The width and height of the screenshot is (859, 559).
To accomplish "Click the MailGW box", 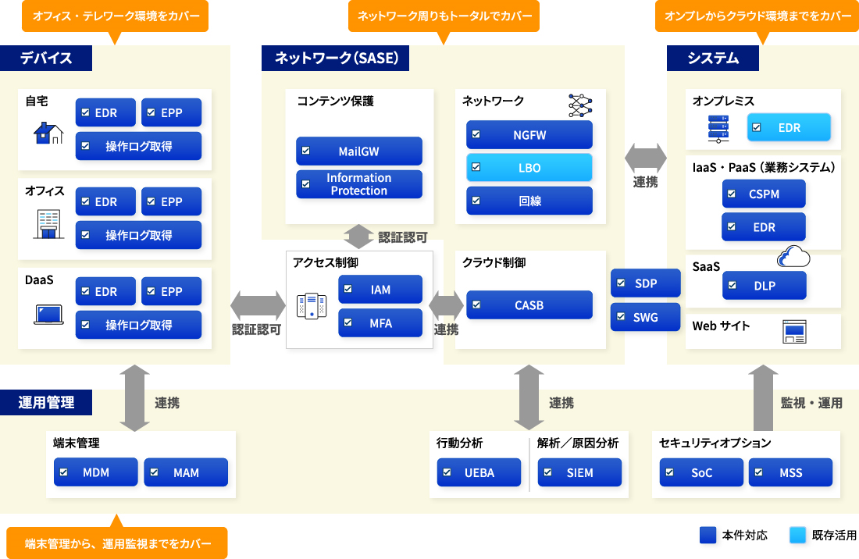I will click(x=359, y=151).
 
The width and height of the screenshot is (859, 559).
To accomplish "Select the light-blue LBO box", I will click(x=529, y=167).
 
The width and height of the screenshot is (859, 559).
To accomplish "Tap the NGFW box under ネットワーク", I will click(x=529, y=134).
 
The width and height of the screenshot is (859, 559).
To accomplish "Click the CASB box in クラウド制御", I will click(x=529, y=304).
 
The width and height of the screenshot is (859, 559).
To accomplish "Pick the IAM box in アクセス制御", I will click(x=380, y=289).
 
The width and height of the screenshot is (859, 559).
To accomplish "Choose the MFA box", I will click(x=380, y=322).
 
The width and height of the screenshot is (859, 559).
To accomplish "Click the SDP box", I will click(x=646, y=283).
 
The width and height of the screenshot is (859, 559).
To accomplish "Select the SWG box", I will click(x=646, y=317).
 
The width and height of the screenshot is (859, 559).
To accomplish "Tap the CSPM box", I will click(x=764, y=194).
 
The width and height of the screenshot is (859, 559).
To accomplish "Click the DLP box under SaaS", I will click(x=764, y=286).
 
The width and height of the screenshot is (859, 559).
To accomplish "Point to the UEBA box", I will click(x=479, y=472).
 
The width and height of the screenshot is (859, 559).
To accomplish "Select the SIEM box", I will click(x=579, y=472).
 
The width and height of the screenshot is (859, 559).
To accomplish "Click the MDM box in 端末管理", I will click(x=96, y=472).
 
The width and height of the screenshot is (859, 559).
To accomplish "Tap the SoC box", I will click(x=701, y=472).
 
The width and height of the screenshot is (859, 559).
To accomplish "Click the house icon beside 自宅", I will click(x=48, y=134).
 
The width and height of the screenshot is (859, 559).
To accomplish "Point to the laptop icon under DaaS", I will click(x=48, y=314).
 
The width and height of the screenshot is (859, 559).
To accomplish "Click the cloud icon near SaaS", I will click(x=793, y=257).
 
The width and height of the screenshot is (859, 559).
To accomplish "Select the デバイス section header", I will click(x=46, y=58).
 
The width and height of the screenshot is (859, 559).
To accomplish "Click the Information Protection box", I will click(x=359, y=184).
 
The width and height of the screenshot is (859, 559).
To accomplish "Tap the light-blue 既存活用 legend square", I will click(x=798, y=535).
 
